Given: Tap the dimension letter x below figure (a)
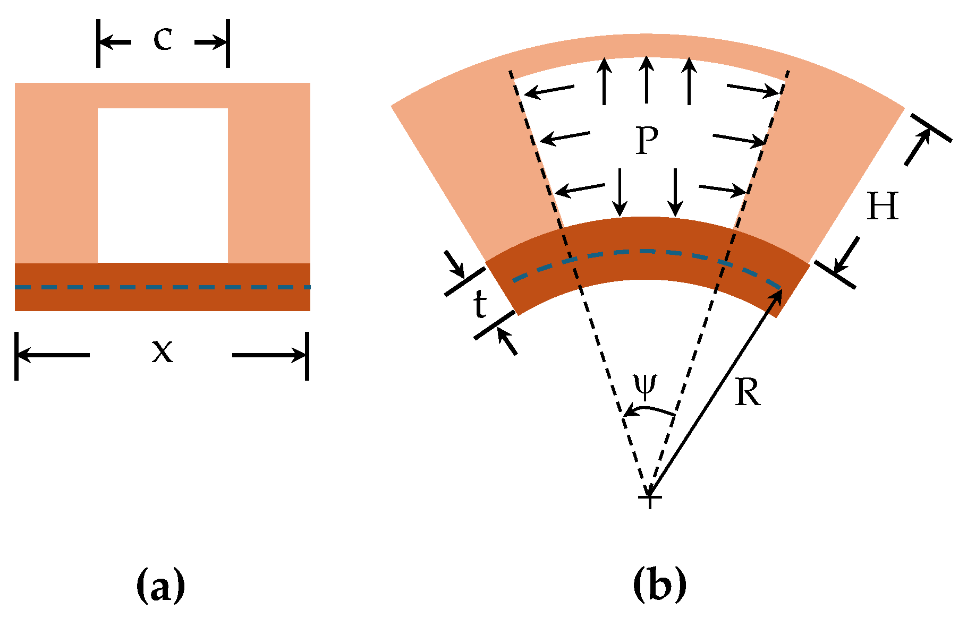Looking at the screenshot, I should coord(162,351).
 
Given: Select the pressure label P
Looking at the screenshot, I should coord(647,141).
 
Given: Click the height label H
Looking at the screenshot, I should coord(883,206).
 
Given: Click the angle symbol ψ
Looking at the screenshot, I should coord(646,386).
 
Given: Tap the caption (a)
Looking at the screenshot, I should coord(160,585).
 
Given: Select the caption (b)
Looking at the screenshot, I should coord(659,585).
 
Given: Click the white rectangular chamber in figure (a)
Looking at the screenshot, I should coord(163,185).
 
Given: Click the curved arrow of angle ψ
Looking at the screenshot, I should coord(649,410).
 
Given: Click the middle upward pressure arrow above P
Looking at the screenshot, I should coord(646,80).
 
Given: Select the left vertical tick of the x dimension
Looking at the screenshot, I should coord(16,356).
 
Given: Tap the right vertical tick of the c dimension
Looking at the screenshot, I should coord(228,43).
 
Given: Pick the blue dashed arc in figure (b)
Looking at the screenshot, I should coord(646,251).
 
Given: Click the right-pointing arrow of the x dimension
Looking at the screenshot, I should coord(268,355).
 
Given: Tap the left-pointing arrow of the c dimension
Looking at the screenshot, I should coord(115,42).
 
